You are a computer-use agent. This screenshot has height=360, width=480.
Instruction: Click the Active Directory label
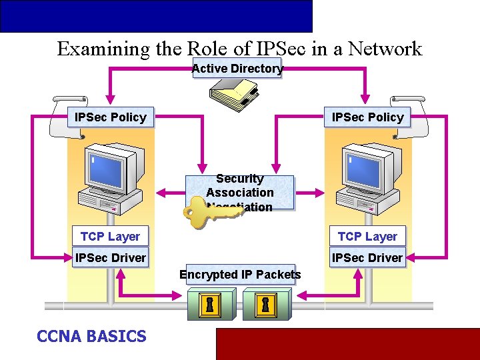237,68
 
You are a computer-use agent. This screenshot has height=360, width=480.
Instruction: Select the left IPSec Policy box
111,117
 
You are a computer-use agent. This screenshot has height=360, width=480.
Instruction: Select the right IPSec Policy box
368,117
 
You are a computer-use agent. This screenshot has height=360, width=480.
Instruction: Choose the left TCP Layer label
110,237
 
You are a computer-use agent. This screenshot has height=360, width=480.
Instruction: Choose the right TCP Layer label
367,237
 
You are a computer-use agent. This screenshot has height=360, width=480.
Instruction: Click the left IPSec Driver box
110,257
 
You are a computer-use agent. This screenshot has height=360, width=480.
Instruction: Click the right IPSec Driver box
367,257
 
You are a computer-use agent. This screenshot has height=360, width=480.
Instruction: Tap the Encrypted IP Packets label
240,275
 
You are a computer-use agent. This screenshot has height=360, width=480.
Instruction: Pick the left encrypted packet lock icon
210,305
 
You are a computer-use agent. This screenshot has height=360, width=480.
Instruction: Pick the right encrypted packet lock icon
265,305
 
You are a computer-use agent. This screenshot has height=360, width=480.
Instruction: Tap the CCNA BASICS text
91,336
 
